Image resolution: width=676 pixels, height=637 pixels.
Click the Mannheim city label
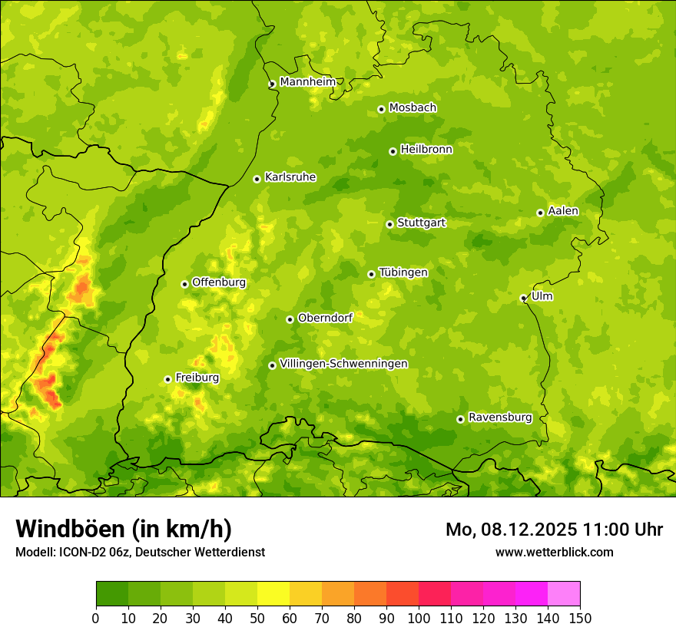pyautogui.click(x=307, y=82)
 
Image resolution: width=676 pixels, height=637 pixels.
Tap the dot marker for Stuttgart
pyautogui.click(x=389, y=224)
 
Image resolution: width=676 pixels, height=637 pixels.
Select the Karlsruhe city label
pyautogui.click(x=290, y=177)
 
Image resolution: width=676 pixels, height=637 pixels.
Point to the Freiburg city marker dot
pyautogui.click(x=167, y=379)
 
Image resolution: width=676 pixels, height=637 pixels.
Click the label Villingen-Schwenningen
pyautogui.click(x=344, y=364)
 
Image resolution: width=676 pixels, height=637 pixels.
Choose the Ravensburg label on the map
pyautogui.click(x=500, y=418)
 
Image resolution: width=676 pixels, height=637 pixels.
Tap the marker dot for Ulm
pyautogui.click(x=523, y=298)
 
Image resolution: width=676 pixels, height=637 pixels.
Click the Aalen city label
pyautogui.click(x=563, y=211)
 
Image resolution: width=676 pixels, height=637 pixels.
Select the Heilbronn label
pyautogui.click(x=426, y=150)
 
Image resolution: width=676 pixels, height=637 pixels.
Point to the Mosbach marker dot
pyautogui.click(x=381, y=109)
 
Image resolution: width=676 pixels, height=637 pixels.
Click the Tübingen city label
pyautogui.click(x=403, y=272)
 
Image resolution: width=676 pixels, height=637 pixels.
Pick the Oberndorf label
pyautogui.click(x=325, y=318)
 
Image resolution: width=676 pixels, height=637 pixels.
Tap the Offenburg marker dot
pyautogui.click(x=184, y=284)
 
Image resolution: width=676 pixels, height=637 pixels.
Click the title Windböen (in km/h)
pyautogui.click(x=124, y=529)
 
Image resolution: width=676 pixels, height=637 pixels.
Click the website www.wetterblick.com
pyautogui.click(x=554, y=552)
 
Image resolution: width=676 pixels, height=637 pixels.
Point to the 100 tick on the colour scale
pyautogui.click(x=419, y=618)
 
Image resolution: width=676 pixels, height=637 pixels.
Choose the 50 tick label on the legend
pyautogui.click(x=257, y=618)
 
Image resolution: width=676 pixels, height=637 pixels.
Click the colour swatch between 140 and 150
pyautogui.click(x=564, y=594)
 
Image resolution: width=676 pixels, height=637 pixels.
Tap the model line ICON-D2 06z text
pyautogui.click(x=92, y=552)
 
